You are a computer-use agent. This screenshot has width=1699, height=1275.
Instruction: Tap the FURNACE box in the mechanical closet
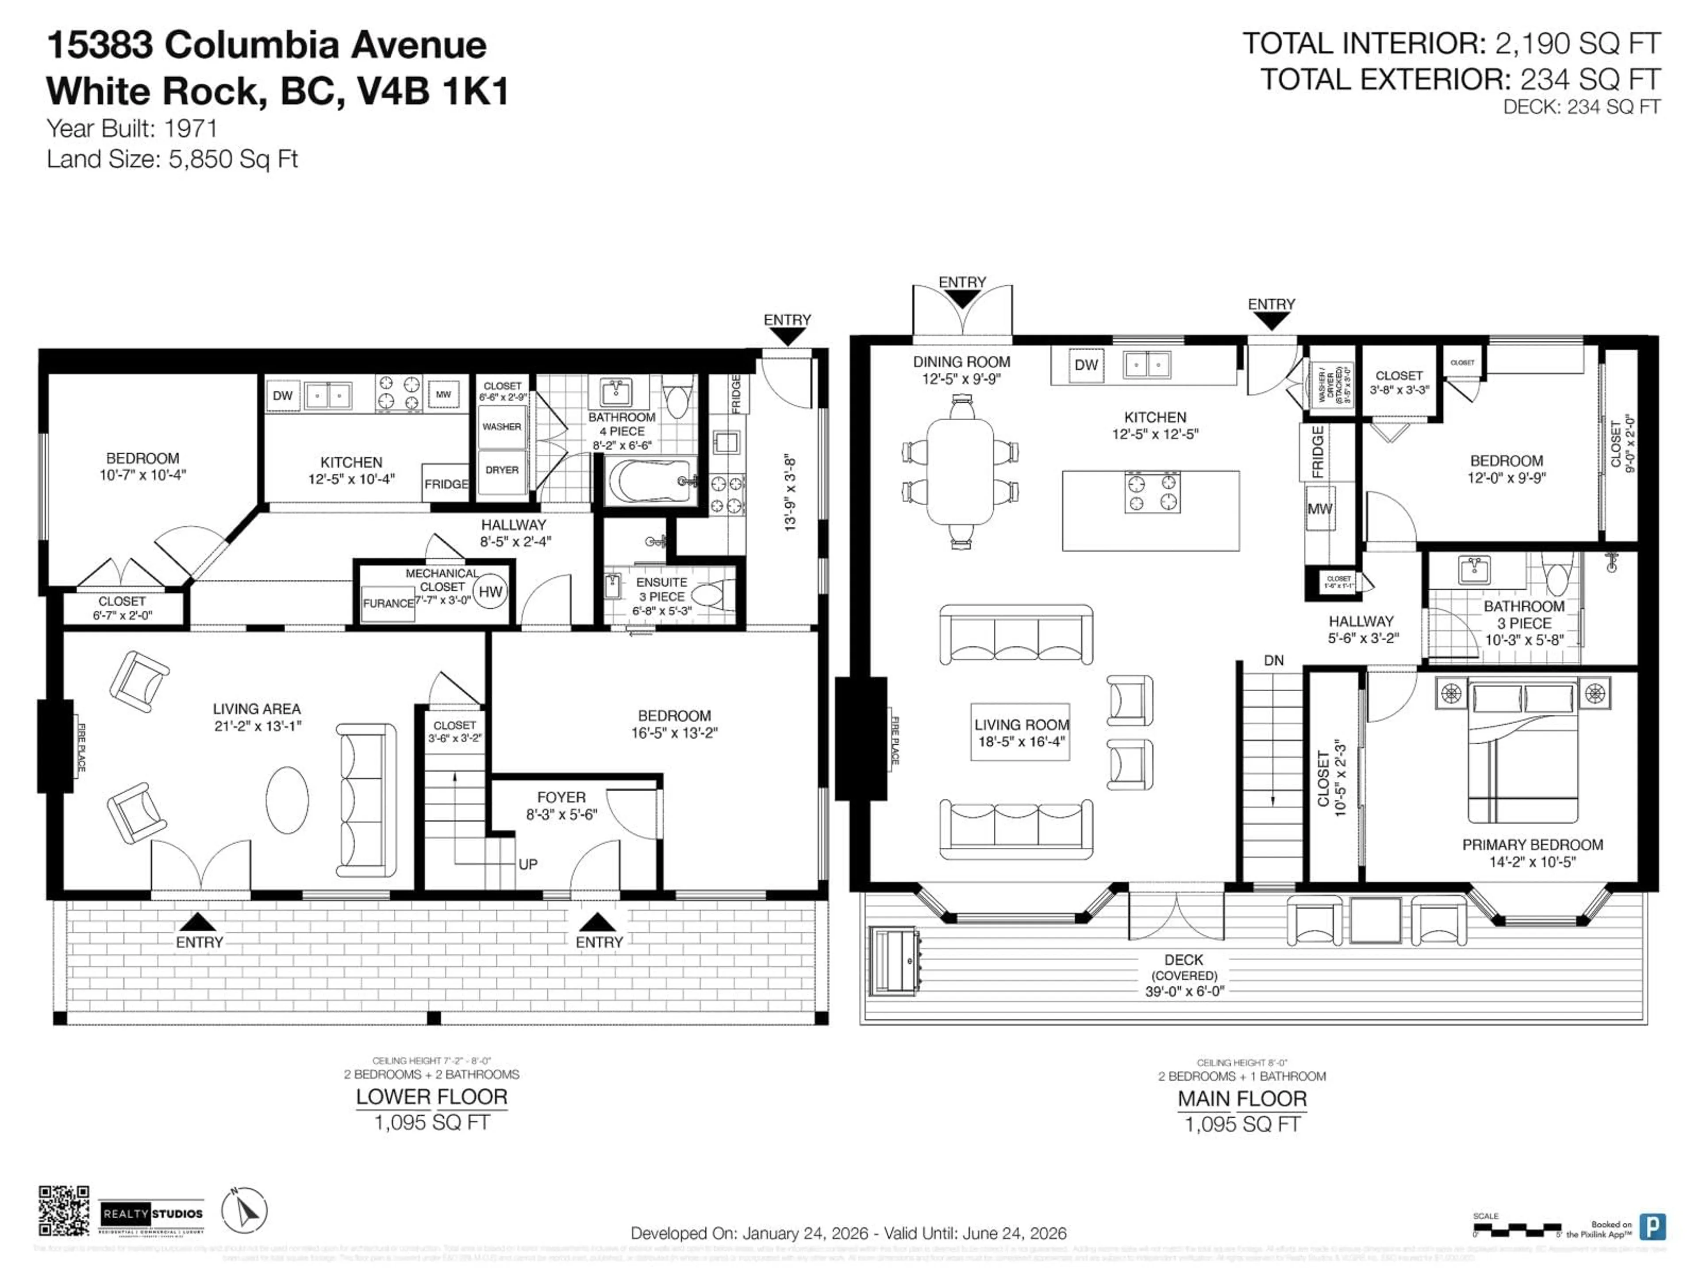(388, 603)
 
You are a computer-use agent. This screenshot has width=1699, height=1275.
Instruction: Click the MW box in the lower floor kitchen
(443, 395)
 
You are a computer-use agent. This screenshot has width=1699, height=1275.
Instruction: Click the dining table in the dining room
(960, 471)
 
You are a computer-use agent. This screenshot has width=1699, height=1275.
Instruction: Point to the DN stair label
(1273, 660)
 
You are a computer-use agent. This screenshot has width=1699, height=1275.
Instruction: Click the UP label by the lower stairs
(528, 864)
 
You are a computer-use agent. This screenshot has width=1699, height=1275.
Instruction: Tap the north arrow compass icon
(244, 1210)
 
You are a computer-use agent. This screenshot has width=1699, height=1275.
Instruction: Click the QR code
(64, 1210)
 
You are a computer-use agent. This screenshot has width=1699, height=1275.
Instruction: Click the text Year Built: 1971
(132, 128)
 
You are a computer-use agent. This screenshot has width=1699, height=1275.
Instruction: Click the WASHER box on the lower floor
(502, 426)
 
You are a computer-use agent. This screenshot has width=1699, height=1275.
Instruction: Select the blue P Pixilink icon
(1651, 1227)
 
